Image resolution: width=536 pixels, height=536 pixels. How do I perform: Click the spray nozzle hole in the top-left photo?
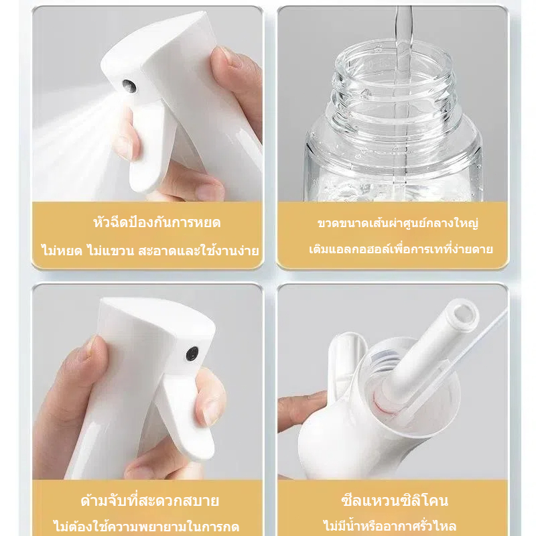click(129, 86)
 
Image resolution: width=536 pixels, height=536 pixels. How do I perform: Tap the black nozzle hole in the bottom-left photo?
click(192, 354)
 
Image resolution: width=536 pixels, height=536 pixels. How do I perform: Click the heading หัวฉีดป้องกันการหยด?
click(157, 222)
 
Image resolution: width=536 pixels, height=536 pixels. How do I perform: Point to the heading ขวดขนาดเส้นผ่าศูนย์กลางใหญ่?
click(397, 223)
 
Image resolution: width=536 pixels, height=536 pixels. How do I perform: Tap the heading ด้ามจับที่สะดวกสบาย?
click(149, 500)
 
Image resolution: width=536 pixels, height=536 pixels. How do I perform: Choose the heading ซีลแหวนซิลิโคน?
click(395, 500)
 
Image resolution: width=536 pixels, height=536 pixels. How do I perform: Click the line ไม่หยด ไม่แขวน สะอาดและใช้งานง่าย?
click(149, 251)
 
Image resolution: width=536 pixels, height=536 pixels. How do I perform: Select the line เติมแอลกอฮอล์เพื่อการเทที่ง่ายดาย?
click(401, 249)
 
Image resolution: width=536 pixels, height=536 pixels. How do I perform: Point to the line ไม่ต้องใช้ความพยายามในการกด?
click(146, 526)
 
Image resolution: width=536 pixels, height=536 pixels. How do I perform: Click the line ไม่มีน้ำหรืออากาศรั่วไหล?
click(390, 525)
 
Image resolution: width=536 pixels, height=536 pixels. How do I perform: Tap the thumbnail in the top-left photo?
click(230, 56)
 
